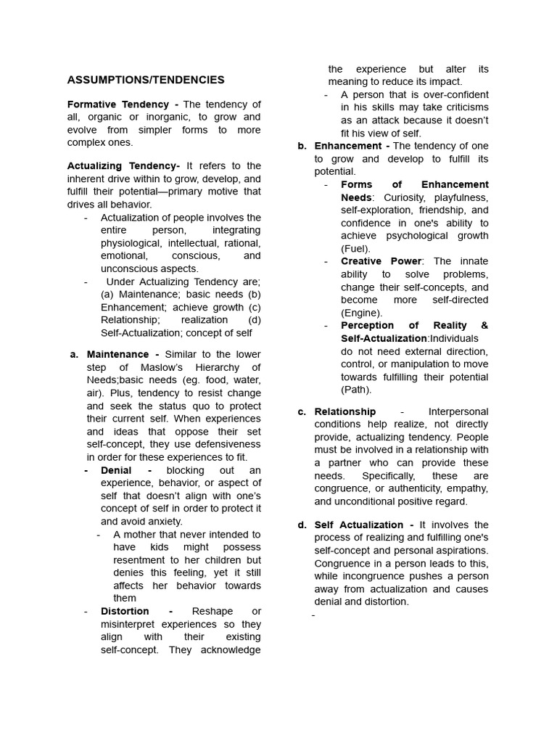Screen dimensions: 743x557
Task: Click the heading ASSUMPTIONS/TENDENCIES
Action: pyautogui.click(x=146, y=80)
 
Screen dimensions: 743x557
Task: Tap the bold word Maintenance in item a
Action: pyautogui.click(x=117, y=354)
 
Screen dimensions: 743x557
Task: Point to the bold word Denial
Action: pyautogui.click(x=116, y=470)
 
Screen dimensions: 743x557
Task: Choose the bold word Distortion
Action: pyautogui.click(x=125, y=611)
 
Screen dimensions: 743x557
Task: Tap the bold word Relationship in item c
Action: pyautogui.click(x=345, y=411)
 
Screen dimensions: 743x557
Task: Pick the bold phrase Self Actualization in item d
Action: pyautogui.click(x=359, y=525)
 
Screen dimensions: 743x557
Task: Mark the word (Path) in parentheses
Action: pyautogui.click(x=356, y=390)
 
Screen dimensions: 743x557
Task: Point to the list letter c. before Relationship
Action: pyautogui.click(x=302, y=411)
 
